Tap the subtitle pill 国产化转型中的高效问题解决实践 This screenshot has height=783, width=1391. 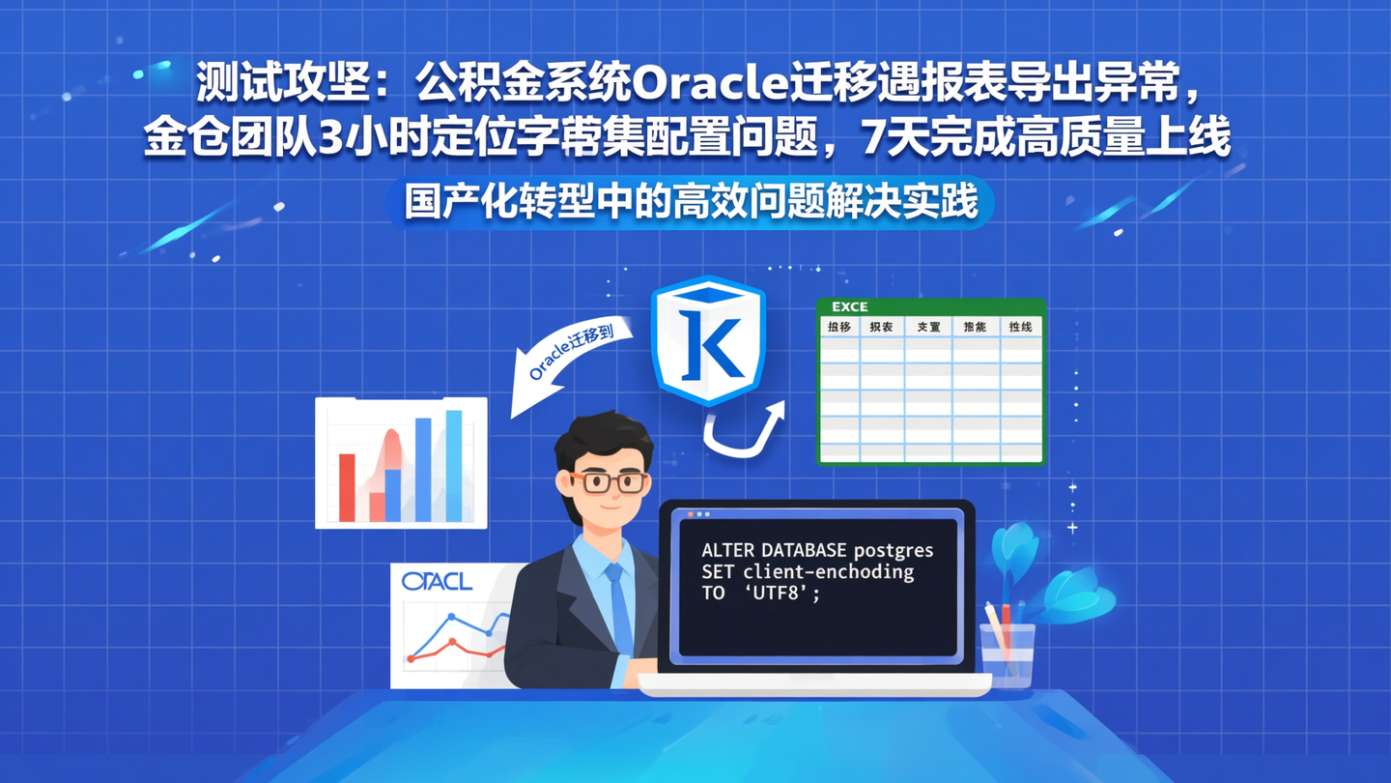point(690,203)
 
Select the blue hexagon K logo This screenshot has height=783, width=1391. point(709,341)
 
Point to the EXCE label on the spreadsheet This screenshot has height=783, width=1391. point(849,306)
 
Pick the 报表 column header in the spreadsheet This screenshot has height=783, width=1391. point(881,328)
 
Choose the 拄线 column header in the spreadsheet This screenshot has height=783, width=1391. point(1020,328)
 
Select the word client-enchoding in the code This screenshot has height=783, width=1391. point(828,572)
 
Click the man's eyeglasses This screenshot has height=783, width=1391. point(606,481)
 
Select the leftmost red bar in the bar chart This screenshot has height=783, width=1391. point(347,487)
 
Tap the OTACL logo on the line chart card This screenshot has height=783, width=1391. point(437,581)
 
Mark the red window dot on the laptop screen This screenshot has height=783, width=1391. point(691,514)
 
